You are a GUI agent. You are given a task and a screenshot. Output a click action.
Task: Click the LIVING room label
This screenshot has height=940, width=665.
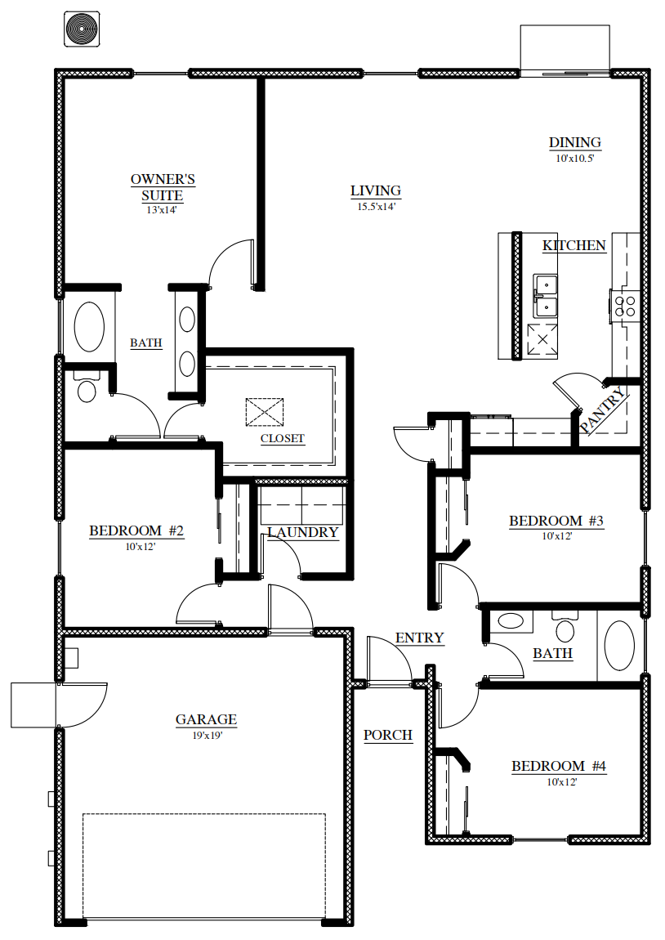[376, 190]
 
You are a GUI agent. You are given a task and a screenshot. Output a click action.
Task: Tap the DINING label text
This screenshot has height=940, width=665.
[574, 143]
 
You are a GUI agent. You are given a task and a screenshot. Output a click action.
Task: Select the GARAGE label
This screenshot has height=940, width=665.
[206, 719]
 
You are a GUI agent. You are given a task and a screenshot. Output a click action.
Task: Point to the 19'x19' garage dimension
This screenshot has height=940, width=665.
[208, 736]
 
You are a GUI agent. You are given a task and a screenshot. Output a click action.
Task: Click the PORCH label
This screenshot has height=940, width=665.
[388, 735]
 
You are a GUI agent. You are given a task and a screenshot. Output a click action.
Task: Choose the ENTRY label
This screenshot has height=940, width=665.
[419, 638]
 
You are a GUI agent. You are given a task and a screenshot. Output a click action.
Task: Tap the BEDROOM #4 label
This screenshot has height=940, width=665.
[559, 766]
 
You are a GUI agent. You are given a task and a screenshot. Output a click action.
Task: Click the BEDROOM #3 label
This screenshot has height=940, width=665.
[556, 521]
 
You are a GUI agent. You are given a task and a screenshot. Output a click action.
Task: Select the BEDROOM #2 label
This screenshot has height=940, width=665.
[136, 530]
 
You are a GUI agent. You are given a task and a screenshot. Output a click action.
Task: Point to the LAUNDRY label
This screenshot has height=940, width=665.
[303, 532]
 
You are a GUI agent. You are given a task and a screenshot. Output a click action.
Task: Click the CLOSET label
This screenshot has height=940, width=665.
[282, 438]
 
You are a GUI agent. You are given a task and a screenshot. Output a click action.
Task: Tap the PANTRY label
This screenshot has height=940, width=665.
[603, 410]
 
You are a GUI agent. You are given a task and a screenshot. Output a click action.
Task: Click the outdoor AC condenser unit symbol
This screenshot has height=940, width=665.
[82, 28]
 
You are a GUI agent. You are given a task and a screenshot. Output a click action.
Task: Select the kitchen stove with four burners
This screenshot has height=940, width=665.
[625, 307]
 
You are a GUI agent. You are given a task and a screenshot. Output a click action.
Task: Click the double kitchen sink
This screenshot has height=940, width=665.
[545, 298]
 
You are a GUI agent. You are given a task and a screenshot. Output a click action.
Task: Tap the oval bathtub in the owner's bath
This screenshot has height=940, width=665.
[89, 327]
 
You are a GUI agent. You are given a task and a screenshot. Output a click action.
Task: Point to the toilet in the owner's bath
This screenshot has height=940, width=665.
[87, 387]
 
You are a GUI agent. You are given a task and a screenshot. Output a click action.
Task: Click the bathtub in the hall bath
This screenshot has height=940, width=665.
[619, 646]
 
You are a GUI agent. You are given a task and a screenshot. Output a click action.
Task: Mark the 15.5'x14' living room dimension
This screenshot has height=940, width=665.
[377, 207]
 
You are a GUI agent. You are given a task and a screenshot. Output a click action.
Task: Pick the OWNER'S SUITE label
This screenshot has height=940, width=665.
[163, 187]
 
